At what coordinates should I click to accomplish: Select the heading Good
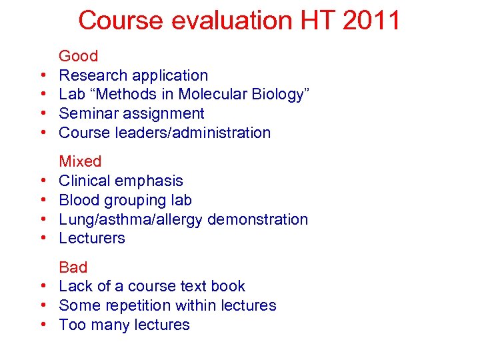click(x=78, y=56)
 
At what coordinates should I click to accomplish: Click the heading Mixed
click(x=80, y=161)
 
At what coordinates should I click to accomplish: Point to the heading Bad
click(x=73, y=267)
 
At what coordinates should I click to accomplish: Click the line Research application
click(x=133, y=75)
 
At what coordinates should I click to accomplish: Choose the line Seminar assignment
click(x=131, y=113)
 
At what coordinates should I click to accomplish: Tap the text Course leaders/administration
click(x=165, y=133)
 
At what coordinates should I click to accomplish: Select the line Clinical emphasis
click(x=121, y=181)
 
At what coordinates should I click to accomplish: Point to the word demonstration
click(x=258, y=219)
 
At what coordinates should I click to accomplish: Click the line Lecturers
click(x=92, y=238)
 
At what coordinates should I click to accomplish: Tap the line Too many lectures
click(x=124, y=325)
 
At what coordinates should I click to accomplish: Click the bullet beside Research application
click(x=41, y=76)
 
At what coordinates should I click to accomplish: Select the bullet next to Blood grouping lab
click(x=41, y=201)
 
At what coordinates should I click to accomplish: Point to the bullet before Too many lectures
click(x=41, y=325)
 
